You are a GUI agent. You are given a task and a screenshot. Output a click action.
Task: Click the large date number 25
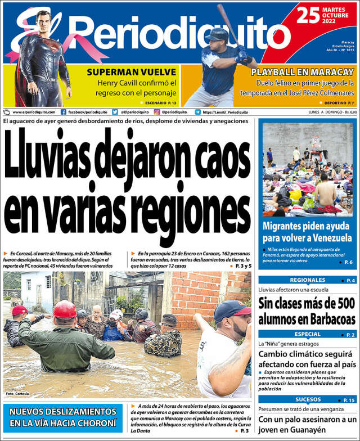tap(308, 15)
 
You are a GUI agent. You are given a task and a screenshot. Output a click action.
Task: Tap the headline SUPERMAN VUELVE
tap(132, 72)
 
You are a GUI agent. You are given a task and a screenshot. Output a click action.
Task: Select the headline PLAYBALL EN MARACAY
tap(303, 73)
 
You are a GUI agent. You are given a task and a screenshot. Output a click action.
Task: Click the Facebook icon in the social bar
tap(64, 112)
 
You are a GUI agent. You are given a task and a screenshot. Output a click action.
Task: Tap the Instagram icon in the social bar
tap(157, 112)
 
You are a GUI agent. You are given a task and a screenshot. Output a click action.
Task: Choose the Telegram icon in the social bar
tap(197, 112)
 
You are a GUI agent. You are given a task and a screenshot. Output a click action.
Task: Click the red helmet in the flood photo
tap(65, 309)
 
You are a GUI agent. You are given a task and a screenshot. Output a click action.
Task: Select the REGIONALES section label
tap(307, 280)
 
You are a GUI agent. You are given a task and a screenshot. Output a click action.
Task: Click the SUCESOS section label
tap(307, 400)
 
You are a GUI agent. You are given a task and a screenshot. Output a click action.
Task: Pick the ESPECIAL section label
tap(307, 334)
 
